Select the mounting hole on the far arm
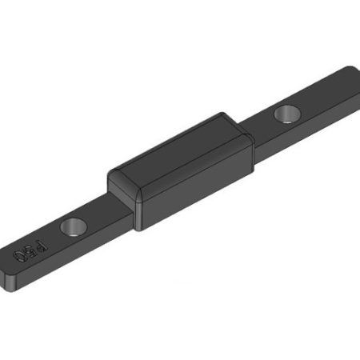(286, 114)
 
